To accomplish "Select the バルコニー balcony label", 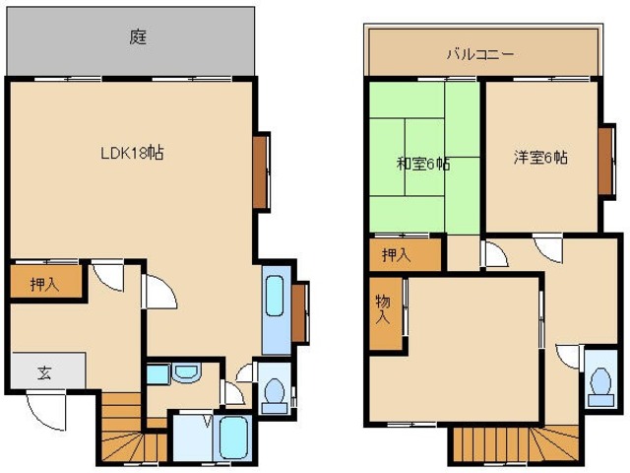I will click(x=479, y=54).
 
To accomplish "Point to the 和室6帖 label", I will click(x=423, y=164).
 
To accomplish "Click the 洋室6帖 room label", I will click(x=540, y=157).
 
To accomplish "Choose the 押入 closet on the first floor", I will click(x=41, y=284).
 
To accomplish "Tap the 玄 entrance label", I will click(x=44, y=372).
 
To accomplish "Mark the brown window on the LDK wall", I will click(x=261, y=171).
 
